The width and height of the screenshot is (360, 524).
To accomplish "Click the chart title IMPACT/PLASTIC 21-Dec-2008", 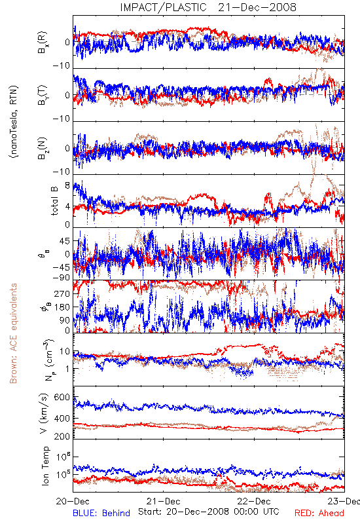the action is point(208,7).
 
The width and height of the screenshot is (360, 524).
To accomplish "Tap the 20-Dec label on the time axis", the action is point(73,501).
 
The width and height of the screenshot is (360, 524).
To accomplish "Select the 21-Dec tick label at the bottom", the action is point(164,501).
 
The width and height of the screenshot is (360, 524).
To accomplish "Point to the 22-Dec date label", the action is point(254,501).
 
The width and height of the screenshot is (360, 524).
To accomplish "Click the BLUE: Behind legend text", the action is point(101,513).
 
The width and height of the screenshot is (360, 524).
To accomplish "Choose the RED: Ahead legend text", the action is point(319,513).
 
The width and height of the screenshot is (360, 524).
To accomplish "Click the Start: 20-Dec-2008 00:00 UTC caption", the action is point(209,512).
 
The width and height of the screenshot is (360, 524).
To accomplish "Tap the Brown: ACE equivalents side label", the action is point(13,333).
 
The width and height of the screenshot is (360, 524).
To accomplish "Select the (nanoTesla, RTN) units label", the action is point(14,122).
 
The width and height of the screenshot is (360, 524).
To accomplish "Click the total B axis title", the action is point(54,200).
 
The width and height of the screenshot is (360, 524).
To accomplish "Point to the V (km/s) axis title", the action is point(44,413).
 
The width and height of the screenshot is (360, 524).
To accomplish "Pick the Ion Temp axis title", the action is point(45,466).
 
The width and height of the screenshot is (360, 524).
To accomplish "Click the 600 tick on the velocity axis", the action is point(62,397).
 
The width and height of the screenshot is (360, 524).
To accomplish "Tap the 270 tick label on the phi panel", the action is point(62,293).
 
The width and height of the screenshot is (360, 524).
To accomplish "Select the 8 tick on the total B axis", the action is point(67,185).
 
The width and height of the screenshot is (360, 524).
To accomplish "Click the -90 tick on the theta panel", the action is point(62,277).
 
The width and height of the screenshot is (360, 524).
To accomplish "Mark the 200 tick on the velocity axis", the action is point(62,436).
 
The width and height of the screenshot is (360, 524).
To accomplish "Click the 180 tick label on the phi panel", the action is point(62,307).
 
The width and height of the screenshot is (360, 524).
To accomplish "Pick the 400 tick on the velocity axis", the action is point(62,418).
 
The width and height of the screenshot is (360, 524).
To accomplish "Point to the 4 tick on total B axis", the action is point(67,206).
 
